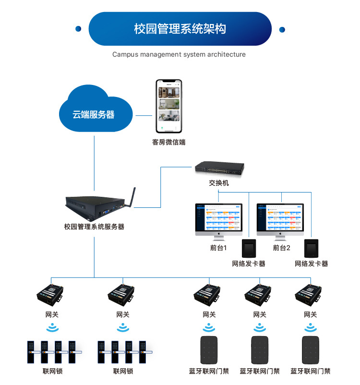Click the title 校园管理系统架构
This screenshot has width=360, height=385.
tap(180, 29)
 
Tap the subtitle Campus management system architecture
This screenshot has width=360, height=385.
tap(179, 54)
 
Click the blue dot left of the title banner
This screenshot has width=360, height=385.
tap(78, 29)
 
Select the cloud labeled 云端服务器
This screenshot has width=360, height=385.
tap(94, 113)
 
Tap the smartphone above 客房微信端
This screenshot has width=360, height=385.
tap(169, 106)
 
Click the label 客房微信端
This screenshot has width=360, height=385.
tap(169, 142)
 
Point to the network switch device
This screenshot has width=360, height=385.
tap(219, 168)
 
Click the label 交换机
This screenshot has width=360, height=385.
tap(219, 183)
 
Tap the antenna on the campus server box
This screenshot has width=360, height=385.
tap(131, 197)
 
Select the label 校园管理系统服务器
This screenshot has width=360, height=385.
tap(94, 226)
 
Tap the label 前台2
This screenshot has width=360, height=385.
tap(282, 248)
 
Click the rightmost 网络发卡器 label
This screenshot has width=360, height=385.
tap(312, 264)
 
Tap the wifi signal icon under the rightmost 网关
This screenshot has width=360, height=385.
tap(311, 328)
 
